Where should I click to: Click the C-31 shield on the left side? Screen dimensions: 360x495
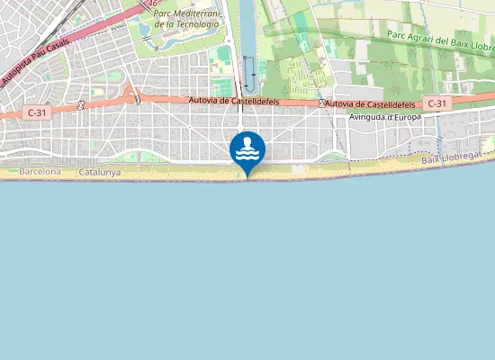pyautogui.click(x=36, y=112)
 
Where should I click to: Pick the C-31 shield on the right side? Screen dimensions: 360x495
pyautogui.click(x=436, y=103)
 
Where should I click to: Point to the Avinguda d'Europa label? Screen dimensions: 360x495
pyautogui.click(x=384, y=117)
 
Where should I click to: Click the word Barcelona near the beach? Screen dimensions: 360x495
pyautogui.click(x=40, y=171)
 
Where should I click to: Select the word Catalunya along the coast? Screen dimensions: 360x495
pyautogui.click(x=100, y=171)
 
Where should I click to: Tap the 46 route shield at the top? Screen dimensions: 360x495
pyautogui.click(x=154, y=3)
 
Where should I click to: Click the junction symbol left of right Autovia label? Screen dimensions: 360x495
pyautogui.click(x=321, y=104)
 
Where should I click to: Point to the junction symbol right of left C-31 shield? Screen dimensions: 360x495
pyautogui.click(x=81, y=105)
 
